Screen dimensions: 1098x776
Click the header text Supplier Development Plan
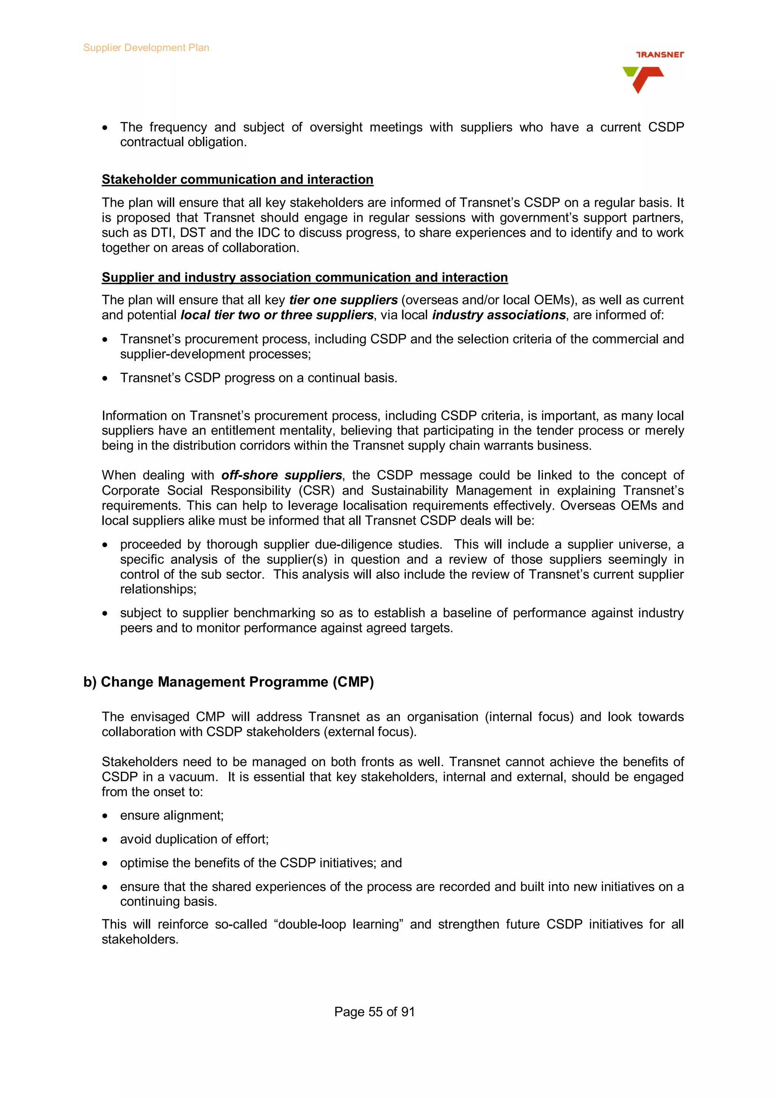(146, 48)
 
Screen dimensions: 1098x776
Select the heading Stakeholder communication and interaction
(237, 179)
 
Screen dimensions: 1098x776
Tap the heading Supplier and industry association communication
(305, 277)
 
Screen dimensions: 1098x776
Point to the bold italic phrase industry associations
(499, 315)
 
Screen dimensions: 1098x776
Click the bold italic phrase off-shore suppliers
(281, 475)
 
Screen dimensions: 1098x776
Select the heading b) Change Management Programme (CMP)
(228, 682)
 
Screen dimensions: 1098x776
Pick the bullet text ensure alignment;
(172, 815)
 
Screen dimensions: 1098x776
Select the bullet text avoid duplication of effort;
(194, 839)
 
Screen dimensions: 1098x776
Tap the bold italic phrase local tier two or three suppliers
(277, 315)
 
